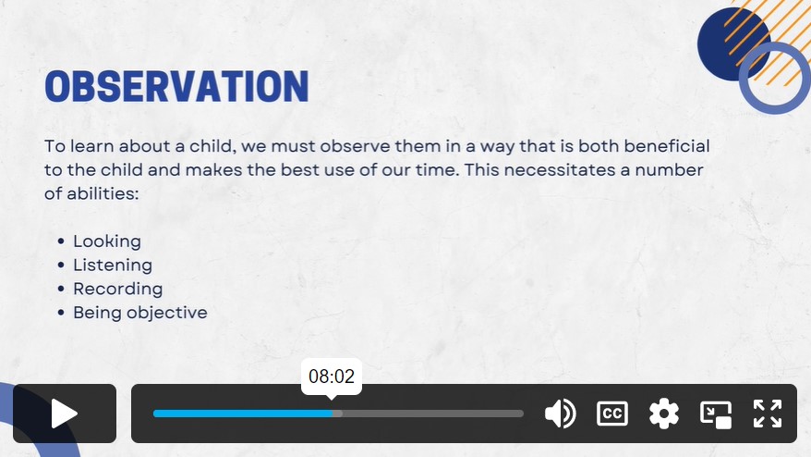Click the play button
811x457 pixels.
[x=65, y=414]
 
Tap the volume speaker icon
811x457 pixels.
[x=560, y=414]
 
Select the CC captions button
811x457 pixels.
[x=612, y=414]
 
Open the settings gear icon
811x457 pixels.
[x=664, y=414]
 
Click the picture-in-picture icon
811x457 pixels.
[x=716, y=414]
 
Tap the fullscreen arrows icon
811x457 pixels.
[x=768, y=414]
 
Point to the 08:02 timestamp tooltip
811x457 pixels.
[x=332, y=377]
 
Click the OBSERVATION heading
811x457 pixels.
[x=177, y=86]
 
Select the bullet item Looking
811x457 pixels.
[x=107, y=241]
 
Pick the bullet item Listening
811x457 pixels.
[x=113, y=266]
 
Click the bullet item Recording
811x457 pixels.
[x=118, y=289]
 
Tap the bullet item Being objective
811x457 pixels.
[x=140, y=313]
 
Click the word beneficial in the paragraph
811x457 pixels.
[x=667, y=146]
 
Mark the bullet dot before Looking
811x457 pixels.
[x=62, y=241]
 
